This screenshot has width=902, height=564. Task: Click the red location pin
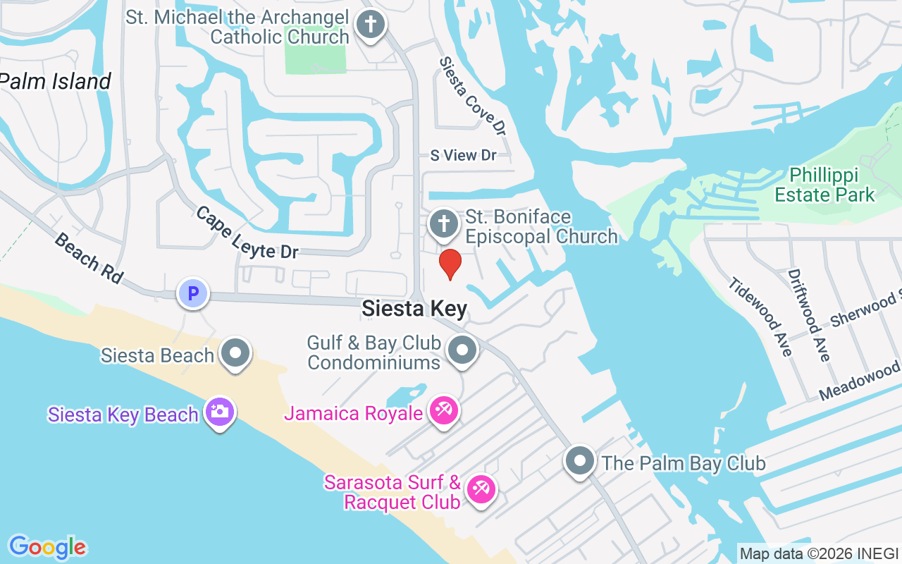click(x=450, y=264)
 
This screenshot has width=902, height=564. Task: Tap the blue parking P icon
click(x=192, y=293)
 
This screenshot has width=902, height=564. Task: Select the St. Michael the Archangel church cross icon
click(x=371, y=25)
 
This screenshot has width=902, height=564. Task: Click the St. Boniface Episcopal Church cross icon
click(x=444, y=224)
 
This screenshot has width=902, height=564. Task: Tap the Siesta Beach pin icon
click(x=235, y=352)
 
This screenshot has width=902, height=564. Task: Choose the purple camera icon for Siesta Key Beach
click(x=220, y=412)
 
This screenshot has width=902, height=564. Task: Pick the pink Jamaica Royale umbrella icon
click(x=444, y=410)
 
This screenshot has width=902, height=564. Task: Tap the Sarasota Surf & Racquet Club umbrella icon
click(x=481, y=489)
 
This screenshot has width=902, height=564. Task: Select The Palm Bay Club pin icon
click(x=580, y=460)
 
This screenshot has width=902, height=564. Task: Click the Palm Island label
click(x=55, y=82)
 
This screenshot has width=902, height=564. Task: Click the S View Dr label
click(x=463, y=155)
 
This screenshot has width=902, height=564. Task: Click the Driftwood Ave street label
click(x=810, y=314)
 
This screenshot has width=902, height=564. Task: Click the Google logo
click(x=48, y=547)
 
